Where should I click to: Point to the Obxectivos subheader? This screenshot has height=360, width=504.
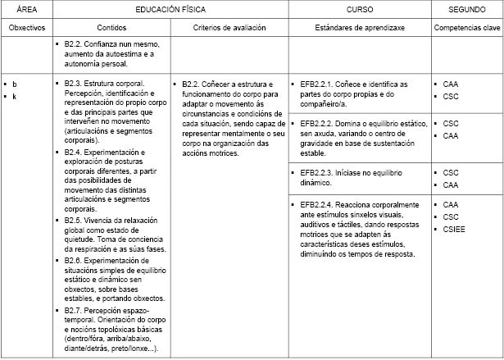coord(25,27)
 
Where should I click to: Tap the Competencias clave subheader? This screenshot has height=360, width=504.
coord(467,27)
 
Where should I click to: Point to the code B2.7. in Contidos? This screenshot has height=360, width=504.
coord(74,312)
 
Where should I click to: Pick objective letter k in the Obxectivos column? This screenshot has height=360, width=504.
coord(15,97)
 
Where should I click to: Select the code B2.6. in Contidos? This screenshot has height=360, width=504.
coord(74,261)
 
